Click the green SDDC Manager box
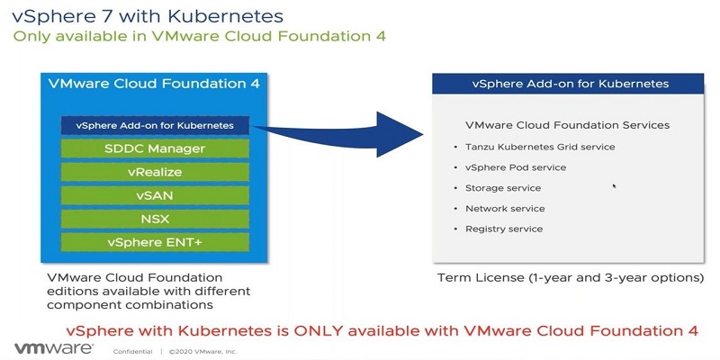tap(155, 148)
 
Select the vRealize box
tap(155, 172)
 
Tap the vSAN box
tap(155, 195)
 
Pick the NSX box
tap(155, 219)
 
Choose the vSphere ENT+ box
tap(155, 242)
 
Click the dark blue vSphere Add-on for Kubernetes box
tap(155, 125)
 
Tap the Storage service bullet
tap(503, 188)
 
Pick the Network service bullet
tap(505, 209)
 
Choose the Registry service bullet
tap(504, 229)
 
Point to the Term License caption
tap(570, 277)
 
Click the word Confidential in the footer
tap(131, 351)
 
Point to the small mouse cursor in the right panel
tap(615, 186)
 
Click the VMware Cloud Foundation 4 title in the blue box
tap(155, 84)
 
